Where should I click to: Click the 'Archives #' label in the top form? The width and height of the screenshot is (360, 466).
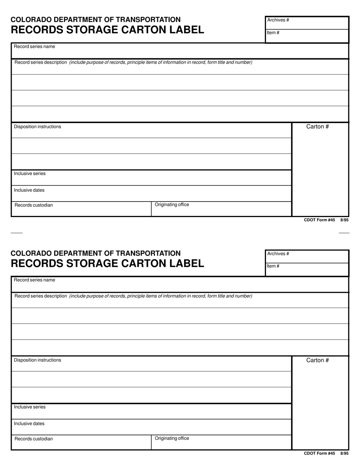coord(278,20)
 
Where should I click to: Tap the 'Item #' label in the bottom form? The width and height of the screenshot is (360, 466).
coord(273,266)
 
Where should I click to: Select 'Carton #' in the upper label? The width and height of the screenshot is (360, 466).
coord(318,127)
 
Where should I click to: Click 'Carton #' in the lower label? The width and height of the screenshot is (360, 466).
coord(318,360)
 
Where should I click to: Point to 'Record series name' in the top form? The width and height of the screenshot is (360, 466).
coord(34,47)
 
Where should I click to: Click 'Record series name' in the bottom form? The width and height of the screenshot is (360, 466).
coord(34,280)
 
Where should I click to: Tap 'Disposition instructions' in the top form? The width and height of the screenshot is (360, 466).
coord(38,127)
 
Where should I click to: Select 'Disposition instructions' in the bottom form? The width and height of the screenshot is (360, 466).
coord(38,360)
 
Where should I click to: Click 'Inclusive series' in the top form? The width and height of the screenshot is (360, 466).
coord(30,174)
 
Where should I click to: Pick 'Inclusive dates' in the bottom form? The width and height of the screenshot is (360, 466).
coord(29,424)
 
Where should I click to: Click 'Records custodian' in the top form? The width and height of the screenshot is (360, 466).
coord(34,205)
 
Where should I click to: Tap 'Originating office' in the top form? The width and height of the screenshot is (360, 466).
coord(172,205)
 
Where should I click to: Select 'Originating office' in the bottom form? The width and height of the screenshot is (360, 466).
coord(172,438)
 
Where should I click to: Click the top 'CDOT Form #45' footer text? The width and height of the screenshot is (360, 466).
coord(319,220)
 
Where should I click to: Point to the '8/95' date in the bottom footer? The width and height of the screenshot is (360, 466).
coord(344,453)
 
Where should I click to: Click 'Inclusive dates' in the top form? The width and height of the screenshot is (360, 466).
coord(29,190)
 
